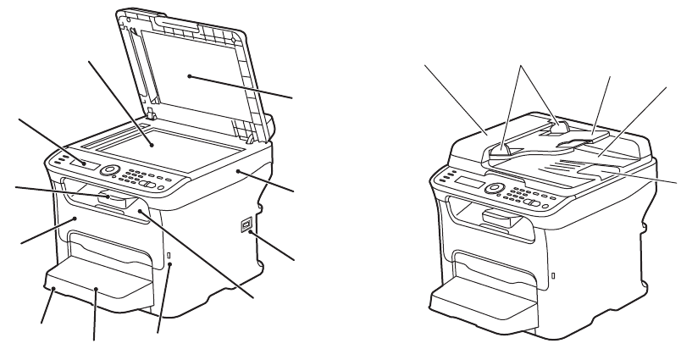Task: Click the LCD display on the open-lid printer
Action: pos(82,162)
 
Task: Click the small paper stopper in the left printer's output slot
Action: pos(115,200)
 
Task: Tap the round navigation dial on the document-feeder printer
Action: pos(492,187)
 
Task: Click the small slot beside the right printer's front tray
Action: pos(552,274)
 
